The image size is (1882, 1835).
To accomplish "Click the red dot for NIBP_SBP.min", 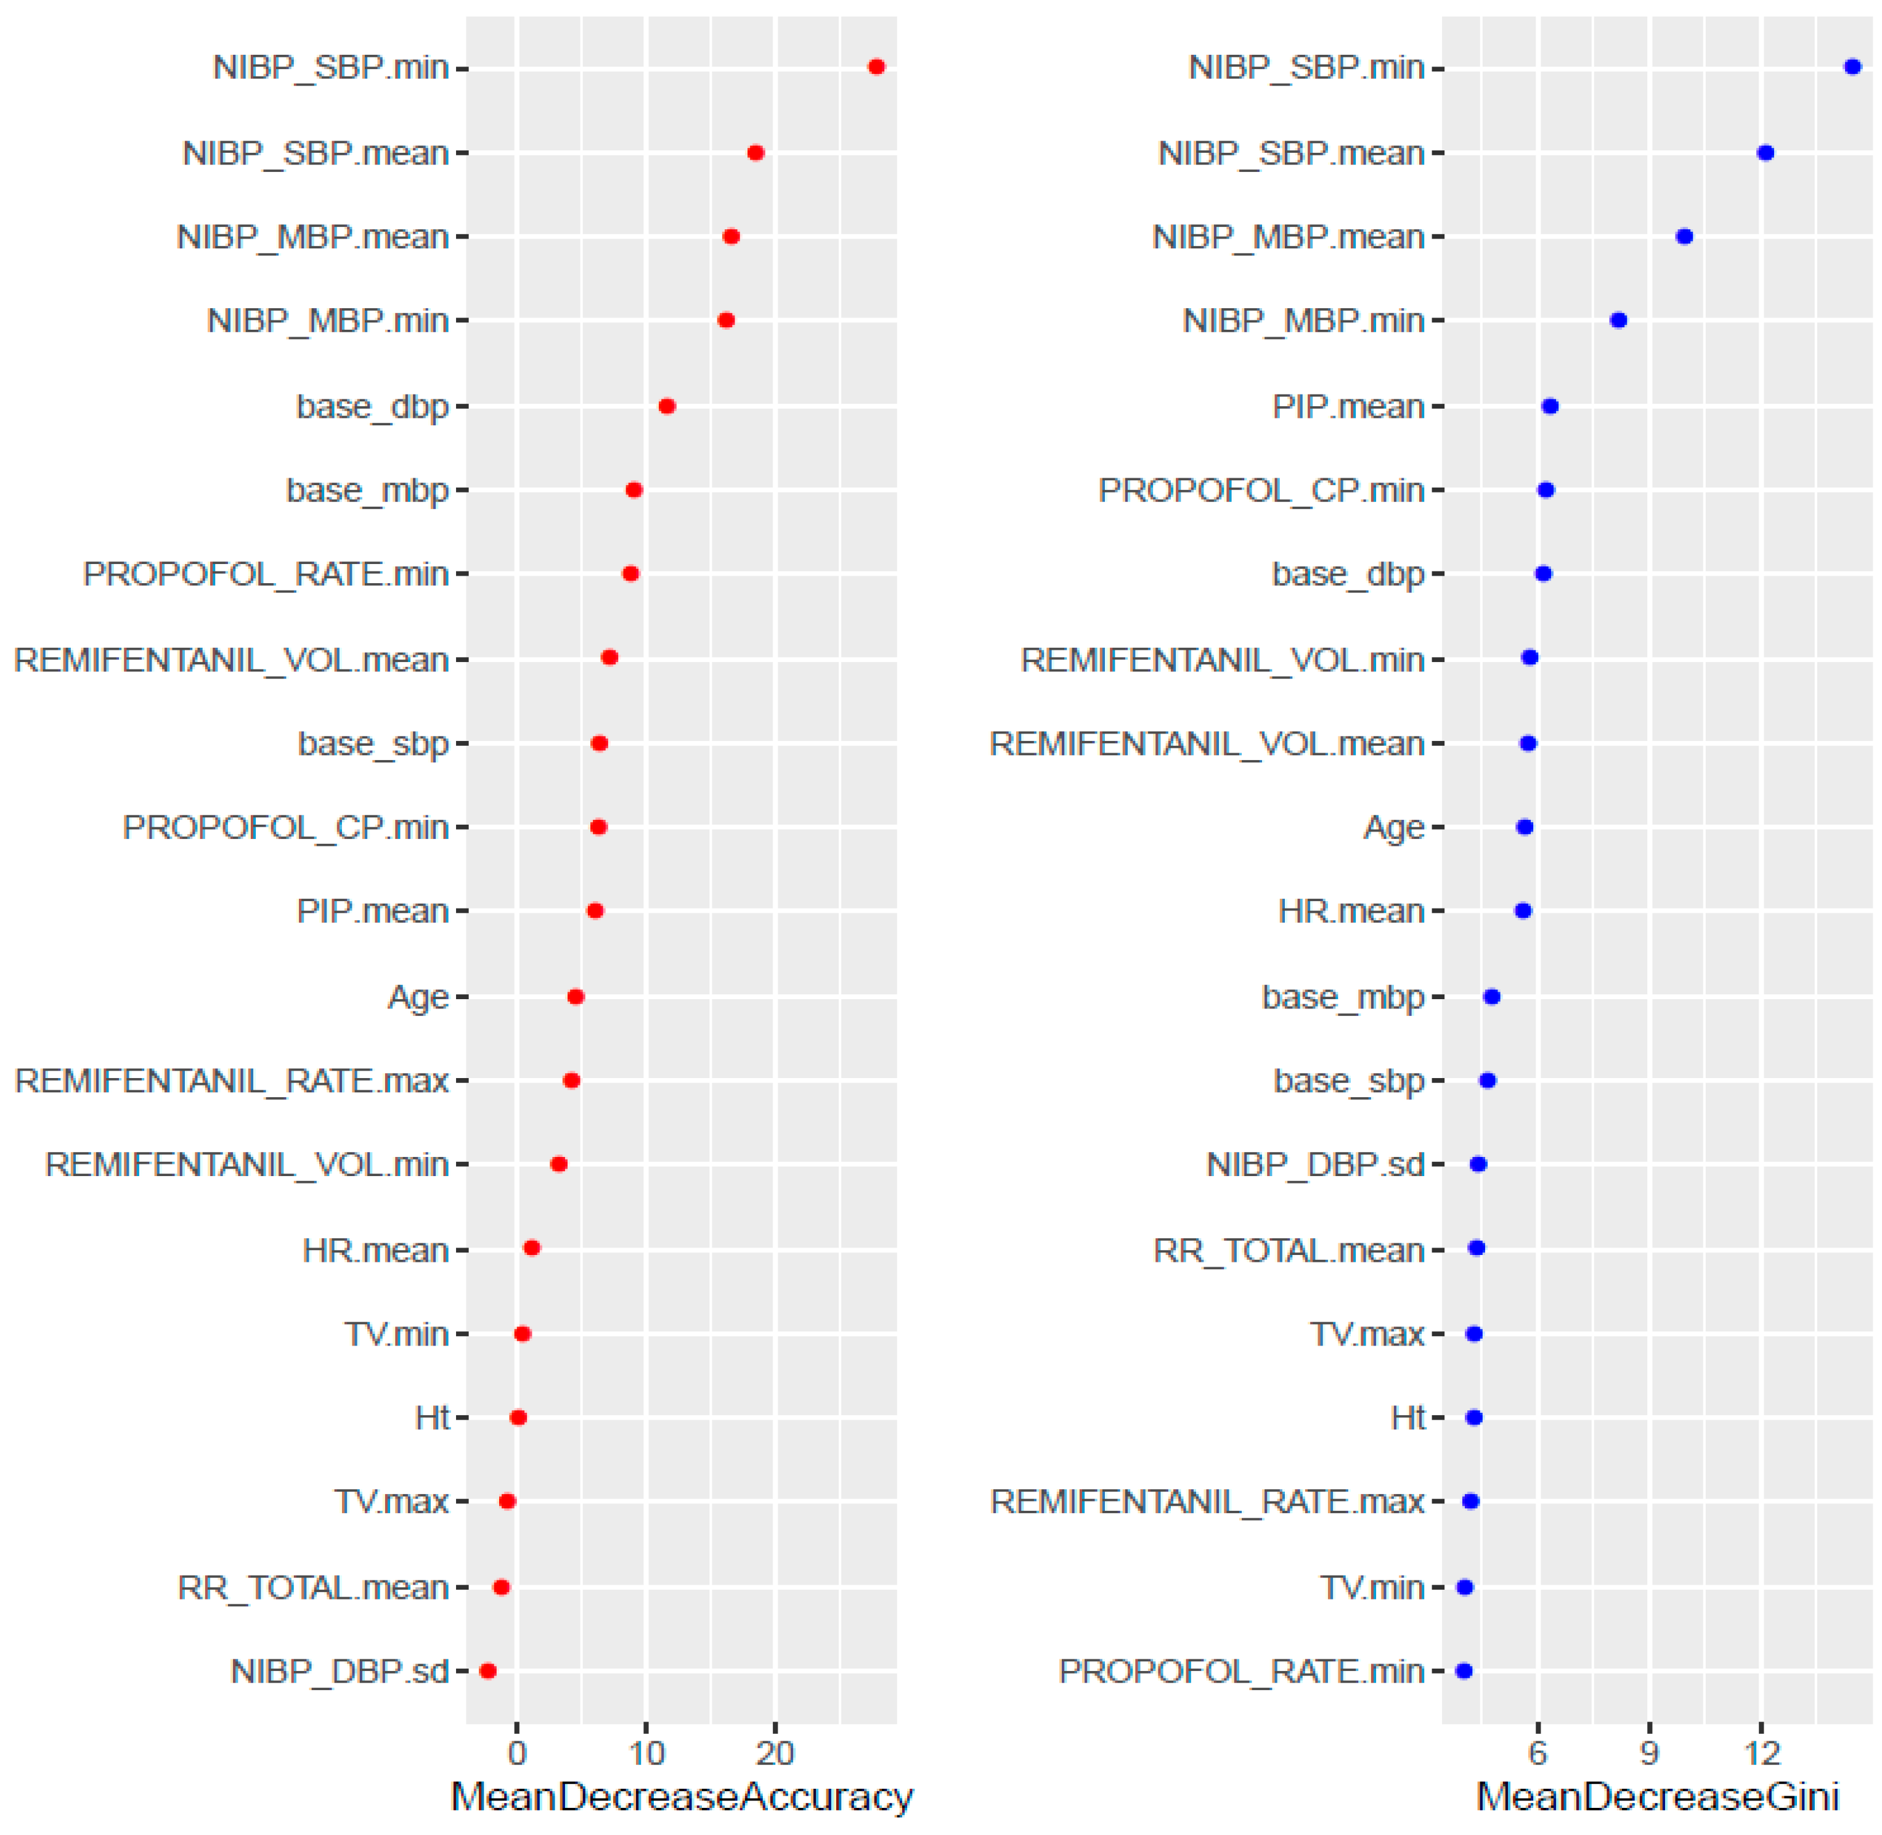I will click(x=876, y=67).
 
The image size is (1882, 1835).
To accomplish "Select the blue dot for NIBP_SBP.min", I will click(x=1851, y=67).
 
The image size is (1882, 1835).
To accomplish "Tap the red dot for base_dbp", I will click(x=667, y=406).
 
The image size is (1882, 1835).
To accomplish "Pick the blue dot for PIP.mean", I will click(x=1550, y=406).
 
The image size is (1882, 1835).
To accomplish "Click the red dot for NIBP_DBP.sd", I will click(x=487, y=1670).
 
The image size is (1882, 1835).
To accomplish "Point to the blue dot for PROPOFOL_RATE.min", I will click(x=1464, y=1670).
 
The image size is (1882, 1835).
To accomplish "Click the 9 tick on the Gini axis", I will click(x=1650, y=1753).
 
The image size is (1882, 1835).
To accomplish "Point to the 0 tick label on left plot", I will click(x=518, y=1753).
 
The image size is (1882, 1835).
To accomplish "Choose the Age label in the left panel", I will click(x=418, y=997).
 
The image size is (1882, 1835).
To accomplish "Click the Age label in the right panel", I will click(x=1393, y=828).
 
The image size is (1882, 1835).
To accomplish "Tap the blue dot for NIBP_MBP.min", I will click(x=1618, y=320).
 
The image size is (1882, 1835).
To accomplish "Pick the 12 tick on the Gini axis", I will click(x=1762, y=1753).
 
